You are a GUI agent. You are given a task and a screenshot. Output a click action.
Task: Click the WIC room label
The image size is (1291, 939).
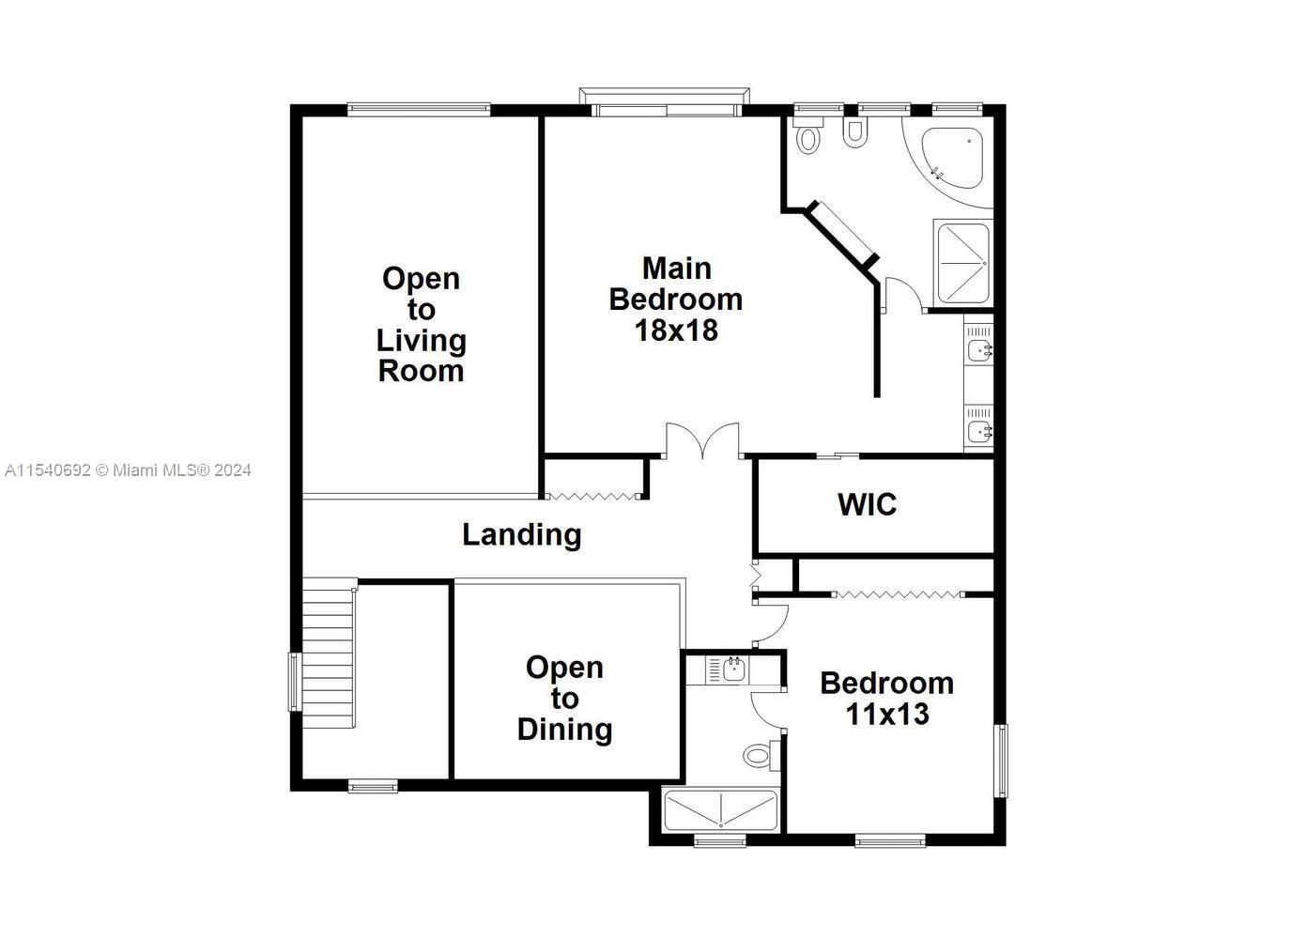867,504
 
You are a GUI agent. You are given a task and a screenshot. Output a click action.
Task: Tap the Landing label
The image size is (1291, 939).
522,535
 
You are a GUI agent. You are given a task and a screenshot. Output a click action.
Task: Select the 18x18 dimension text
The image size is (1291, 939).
676,331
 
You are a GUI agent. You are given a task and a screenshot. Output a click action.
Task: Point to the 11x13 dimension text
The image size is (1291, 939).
887,714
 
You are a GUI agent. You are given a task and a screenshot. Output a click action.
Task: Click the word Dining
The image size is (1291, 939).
564,730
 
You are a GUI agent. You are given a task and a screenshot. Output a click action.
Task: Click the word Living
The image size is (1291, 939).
421,341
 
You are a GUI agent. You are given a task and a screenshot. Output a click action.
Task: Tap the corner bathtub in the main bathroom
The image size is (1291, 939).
953,157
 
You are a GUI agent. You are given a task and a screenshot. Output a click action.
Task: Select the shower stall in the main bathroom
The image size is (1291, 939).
963,263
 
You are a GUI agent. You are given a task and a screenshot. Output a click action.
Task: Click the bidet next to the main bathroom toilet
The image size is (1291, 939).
854,133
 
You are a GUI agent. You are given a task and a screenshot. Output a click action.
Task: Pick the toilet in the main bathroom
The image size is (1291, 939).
808,135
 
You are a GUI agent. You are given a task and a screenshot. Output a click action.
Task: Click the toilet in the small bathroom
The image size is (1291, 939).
761,755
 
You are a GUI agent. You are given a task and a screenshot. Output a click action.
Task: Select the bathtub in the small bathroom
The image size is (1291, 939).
720,811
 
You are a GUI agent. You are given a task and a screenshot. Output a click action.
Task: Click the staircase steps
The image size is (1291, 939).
328,654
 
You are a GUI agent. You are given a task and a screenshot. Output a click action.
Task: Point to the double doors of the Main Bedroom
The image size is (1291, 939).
702,441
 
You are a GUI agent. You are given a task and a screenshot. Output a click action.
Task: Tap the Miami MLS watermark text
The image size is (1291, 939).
128,470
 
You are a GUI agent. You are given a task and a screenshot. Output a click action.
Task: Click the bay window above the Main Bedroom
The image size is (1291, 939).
665,102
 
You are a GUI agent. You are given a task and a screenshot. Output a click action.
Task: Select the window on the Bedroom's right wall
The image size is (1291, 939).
1003,761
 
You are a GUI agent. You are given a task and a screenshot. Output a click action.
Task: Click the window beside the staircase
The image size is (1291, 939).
295,682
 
